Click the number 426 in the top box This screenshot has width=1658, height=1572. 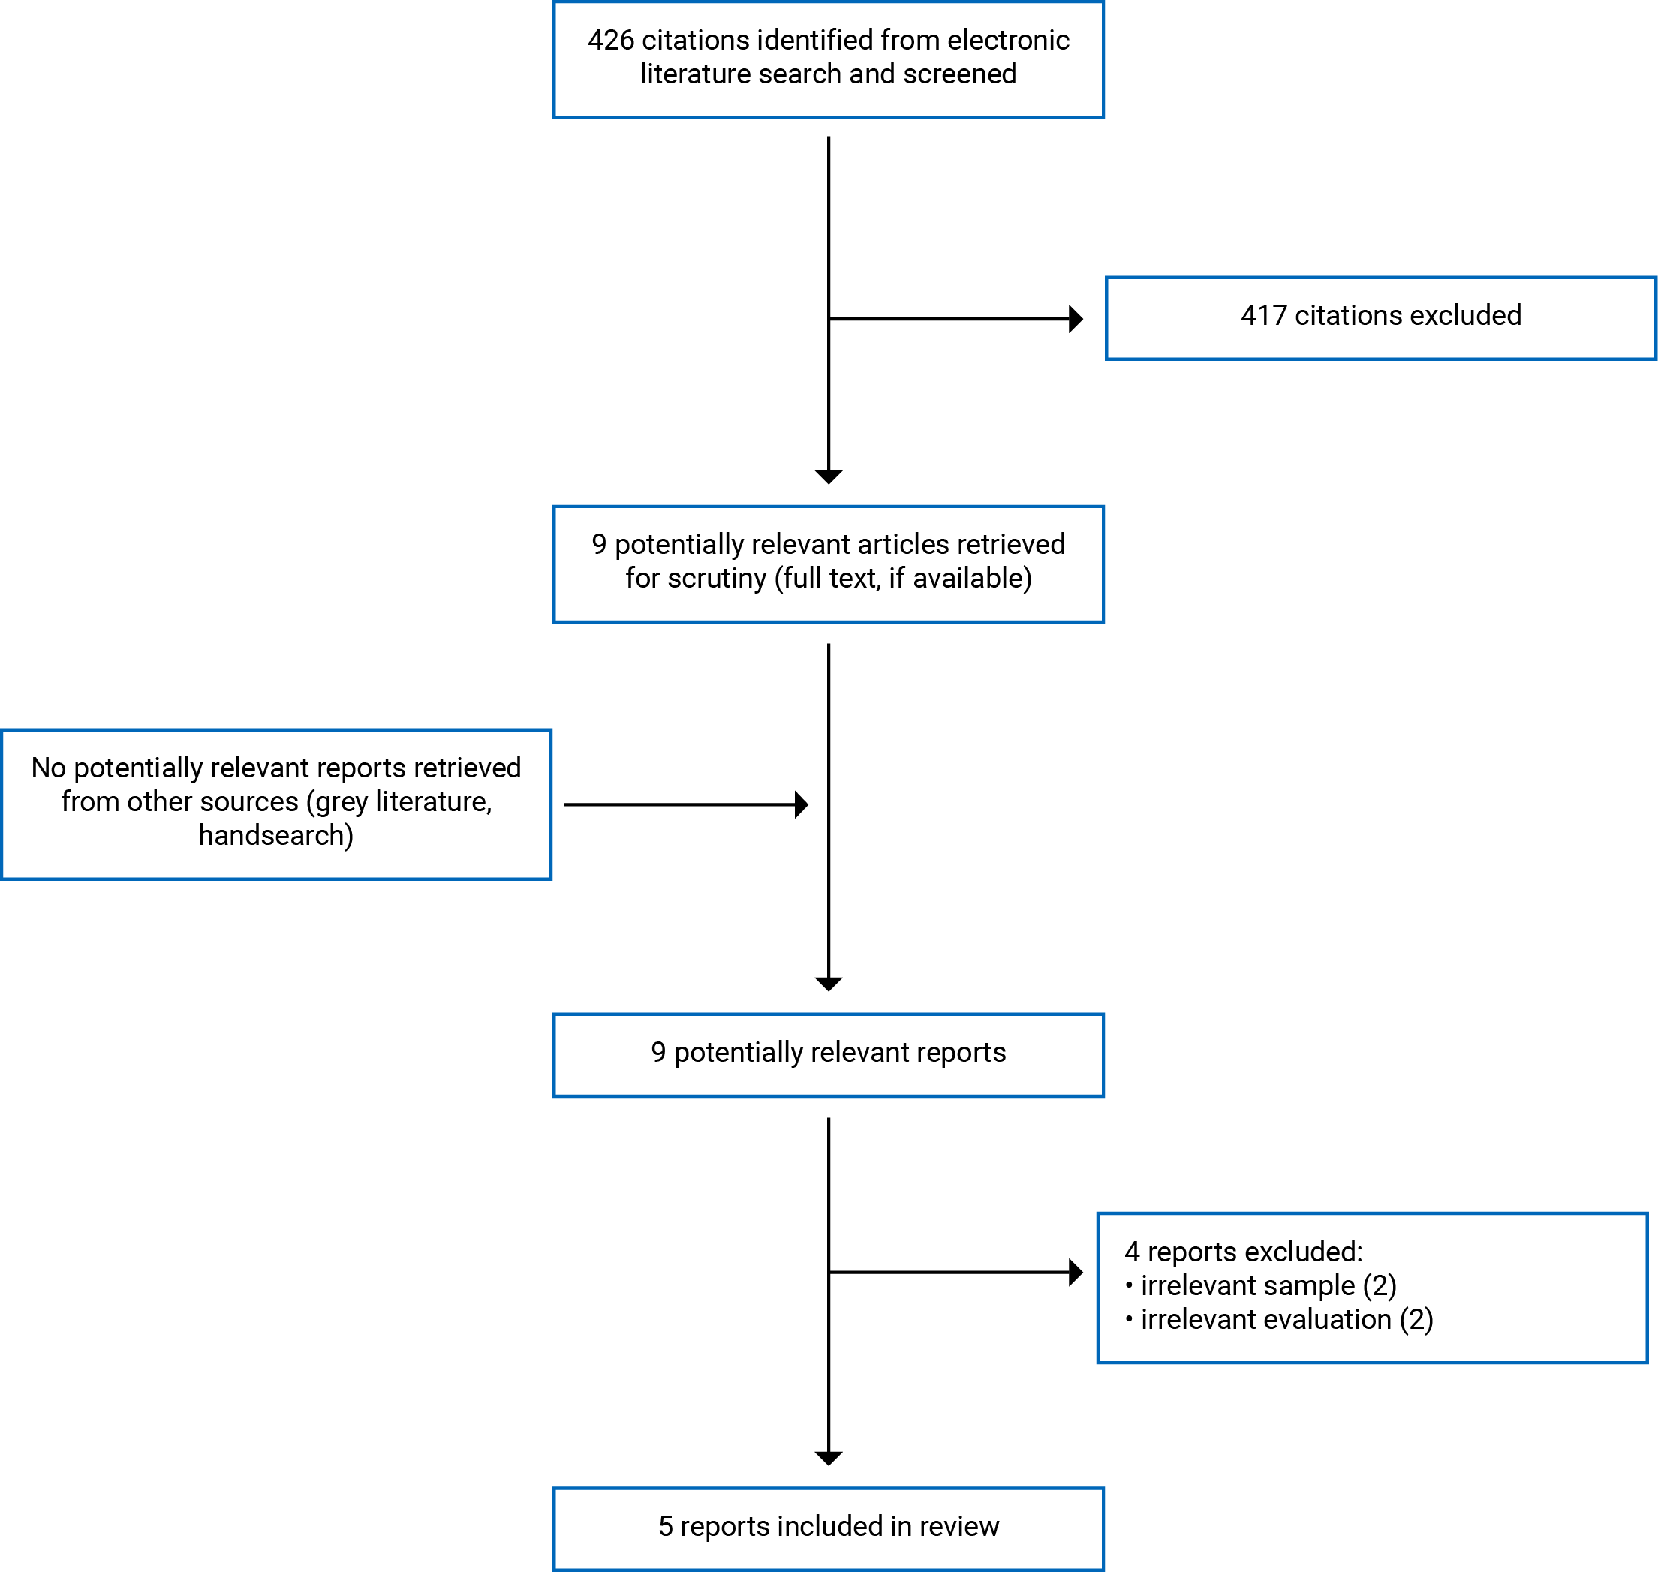tap(610, 41)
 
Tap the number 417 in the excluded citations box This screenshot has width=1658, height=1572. tap(1263, 316)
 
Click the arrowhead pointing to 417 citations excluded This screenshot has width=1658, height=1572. tap(1076, 319)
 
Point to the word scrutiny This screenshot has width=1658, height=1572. tap(717, 579)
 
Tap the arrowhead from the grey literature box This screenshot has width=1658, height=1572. tap(802, 804)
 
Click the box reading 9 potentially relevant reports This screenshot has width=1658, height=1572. tap(828, 1055)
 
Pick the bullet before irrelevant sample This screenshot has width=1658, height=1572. tap(1129, 1285)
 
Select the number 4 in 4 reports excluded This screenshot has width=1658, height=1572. tap(1132, 1252)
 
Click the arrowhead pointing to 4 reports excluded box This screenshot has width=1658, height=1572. tap(1076, 1272)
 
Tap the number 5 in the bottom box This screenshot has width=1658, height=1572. tap(666, 1527)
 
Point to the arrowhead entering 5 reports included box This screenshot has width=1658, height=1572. tap(828, 1459)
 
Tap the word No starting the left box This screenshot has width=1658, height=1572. tap(49, 768)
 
